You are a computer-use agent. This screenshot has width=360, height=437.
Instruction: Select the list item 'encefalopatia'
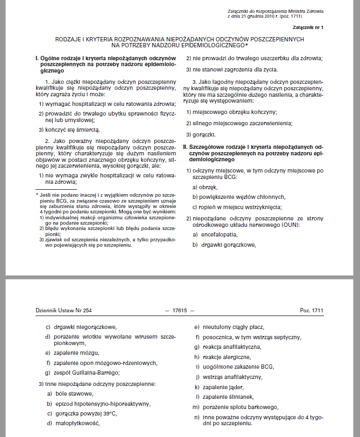click(x=218, y=235)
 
